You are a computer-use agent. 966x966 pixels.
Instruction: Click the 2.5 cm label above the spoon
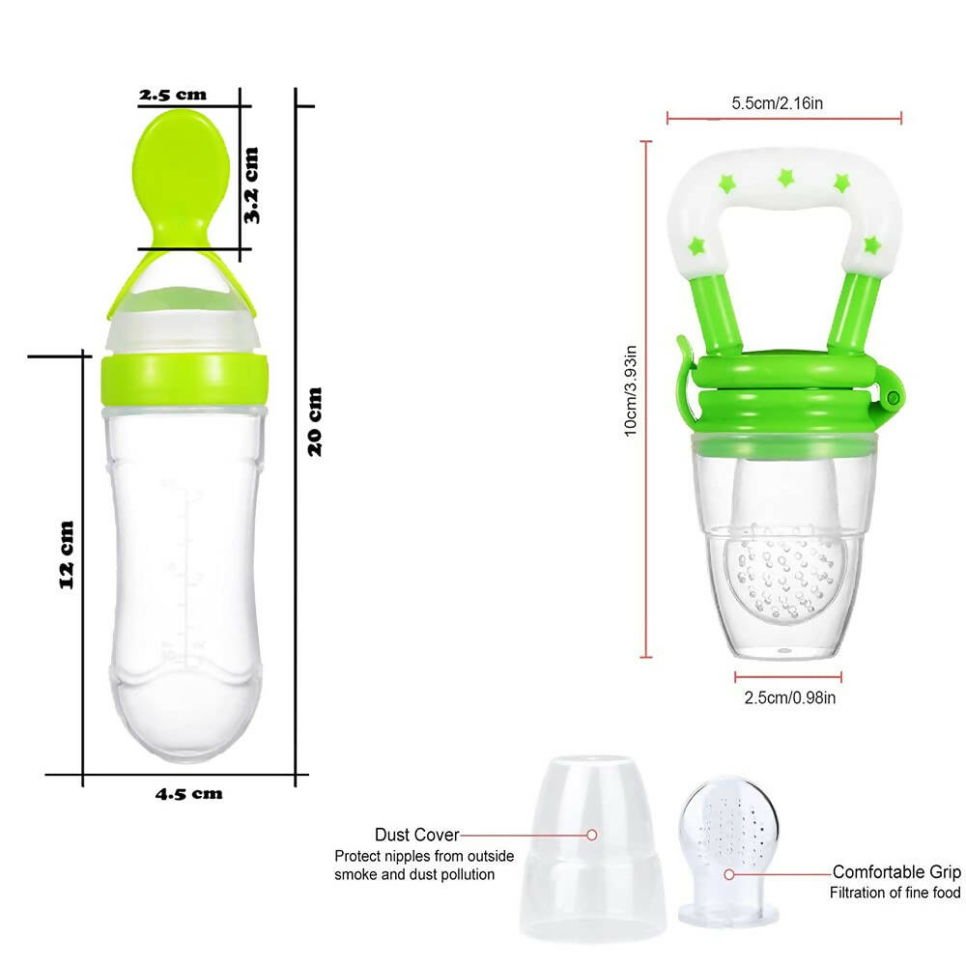[173, 95]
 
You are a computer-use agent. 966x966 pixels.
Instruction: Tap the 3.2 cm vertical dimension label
[251, 185]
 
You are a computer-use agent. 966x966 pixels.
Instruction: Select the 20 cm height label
[315, 421]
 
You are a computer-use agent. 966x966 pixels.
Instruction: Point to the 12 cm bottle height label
[66, 554]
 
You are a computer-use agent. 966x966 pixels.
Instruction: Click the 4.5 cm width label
[189, 794]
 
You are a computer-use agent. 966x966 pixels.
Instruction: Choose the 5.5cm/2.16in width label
[777, 102]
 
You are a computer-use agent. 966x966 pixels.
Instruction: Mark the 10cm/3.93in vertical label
[630, 390]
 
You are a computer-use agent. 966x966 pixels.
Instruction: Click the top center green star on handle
[785, 178]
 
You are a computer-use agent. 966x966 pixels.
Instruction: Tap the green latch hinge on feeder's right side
[894, 397]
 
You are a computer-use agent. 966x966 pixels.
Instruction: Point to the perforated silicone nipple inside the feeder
[787, 570]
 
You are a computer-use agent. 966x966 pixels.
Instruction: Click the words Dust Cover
[416, 835]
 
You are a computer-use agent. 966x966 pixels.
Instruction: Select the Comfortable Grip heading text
[896, 871]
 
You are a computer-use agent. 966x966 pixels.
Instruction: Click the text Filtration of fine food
[895, 894]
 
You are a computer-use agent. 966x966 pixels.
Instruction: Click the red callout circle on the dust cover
[592, 835]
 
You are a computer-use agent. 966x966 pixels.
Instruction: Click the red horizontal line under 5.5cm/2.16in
[783, 121]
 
